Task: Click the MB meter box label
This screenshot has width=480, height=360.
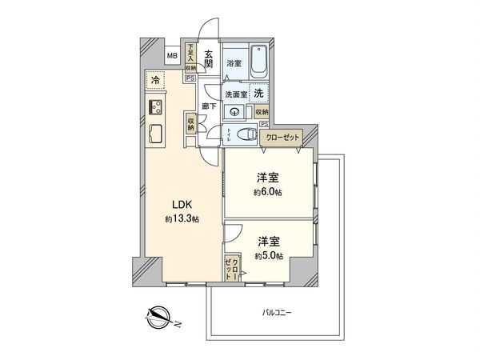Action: click(172, 57)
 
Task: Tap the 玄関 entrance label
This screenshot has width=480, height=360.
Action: click(208, 60)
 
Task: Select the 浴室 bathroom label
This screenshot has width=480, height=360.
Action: click(234, 62)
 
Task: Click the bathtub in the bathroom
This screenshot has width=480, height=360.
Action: click(259, 59)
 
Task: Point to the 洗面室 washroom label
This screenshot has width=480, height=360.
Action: click(234, 93)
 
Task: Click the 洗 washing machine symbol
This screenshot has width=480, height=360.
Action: click(258, 93)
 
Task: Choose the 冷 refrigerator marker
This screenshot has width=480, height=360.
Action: click(154, 81)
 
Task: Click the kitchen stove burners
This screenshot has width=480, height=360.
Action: click(154, 108)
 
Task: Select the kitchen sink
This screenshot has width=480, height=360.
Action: click(154, 135)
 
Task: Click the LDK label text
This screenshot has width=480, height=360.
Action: click(178, 205)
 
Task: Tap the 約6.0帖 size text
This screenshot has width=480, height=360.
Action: click(268, 193)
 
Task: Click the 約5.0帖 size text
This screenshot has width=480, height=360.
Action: click(268, 255)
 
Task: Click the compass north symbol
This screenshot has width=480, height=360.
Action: click(158, 318)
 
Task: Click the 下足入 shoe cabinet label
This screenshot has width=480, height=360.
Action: click(190, 53)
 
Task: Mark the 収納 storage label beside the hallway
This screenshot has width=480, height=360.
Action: click(191, 124)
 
